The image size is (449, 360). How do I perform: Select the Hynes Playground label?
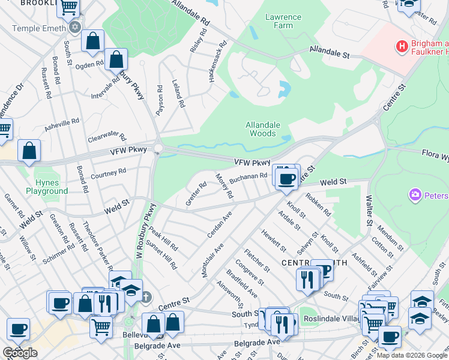click(x=47, y=186)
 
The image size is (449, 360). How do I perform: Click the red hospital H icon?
click(x=401, y=46)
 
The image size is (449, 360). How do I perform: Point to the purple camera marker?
click(x=414, y=194)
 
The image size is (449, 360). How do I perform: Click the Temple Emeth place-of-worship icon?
click(x=74, y=27)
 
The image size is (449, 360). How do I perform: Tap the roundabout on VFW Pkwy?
click(x=158, y=148)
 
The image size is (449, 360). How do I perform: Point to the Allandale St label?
click(x=330, y=52)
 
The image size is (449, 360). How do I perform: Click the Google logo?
click(x=20, y=353)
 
